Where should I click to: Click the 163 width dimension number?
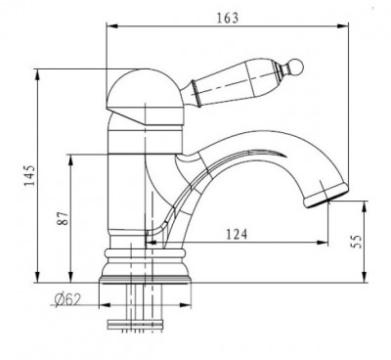228,18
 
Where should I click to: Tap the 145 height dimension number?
29,175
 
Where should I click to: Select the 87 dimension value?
64,218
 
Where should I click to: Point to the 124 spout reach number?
237,234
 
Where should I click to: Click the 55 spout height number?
358,242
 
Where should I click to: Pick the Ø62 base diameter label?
67,299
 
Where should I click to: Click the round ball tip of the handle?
296,67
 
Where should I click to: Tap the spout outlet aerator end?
326,197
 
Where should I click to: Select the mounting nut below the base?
135,326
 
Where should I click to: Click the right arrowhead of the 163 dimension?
343,26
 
